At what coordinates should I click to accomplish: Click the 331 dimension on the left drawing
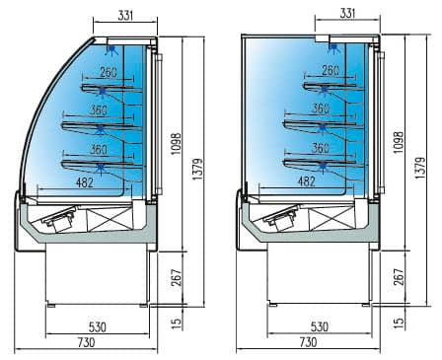click(x=125, y=16)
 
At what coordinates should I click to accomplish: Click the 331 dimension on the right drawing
click(x=347, y=13)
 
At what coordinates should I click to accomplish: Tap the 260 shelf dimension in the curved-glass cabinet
click(x=109, y=72)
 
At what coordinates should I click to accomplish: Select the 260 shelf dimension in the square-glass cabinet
click(x=331, y=70)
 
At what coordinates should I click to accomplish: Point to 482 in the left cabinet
click(x=85, y=182)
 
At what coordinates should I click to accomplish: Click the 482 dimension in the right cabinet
click(x=307, y=181)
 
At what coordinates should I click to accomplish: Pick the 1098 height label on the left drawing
click(x=177, y=144)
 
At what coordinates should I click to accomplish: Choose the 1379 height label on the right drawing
click(x=420, y=168)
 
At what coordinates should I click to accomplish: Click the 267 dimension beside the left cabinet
click(x=177, y=278)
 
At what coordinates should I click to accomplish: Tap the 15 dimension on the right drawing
click(x=399, y=323)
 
